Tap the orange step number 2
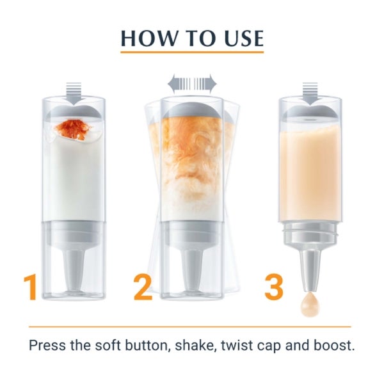(143, 288)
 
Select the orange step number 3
(274, 288)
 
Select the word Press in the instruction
(49, 346)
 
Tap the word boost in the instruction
(334, 346)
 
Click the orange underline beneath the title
(192, 53)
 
